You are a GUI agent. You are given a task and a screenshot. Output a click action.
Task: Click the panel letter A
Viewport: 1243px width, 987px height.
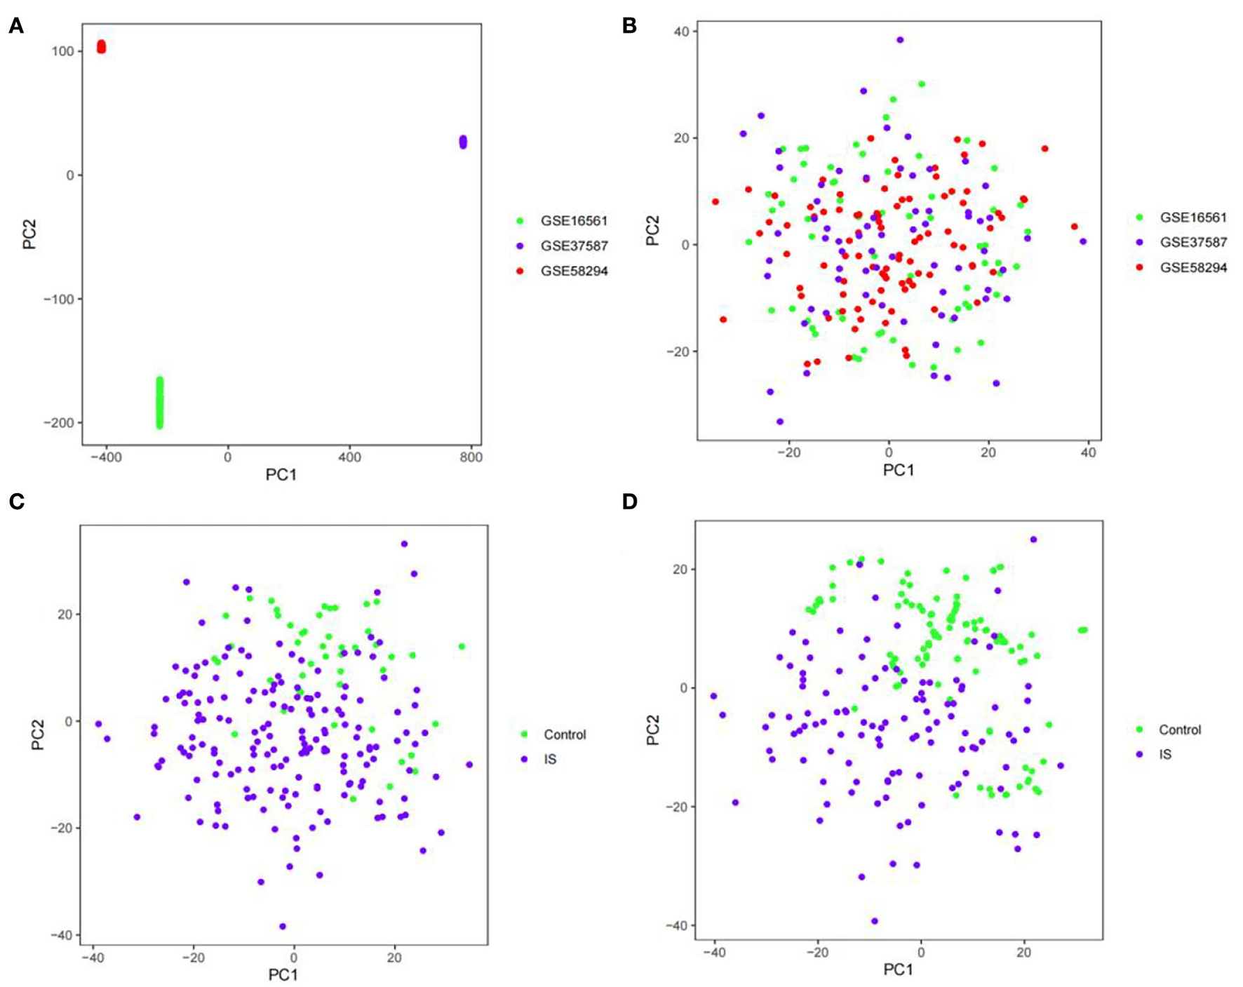[x=15, y=27]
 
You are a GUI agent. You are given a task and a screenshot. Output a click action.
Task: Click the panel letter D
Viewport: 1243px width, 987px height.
[x=629, y=502]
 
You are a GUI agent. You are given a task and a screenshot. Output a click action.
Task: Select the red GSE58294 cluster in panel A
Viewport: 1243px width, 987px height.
[x=101, y=47]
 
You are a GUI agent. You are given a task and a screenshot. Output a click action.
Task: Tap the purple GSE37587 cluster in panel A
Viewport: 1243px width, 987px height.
[x=463, y=142]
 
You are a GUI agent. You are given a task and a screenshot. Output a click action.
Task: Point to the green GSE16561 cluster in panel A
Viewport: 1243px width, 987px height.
[x=159, y=403]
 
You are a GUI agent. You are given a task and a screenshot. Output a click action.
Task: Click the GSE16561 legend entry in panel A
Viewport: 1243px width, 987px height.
[x=573, y=221]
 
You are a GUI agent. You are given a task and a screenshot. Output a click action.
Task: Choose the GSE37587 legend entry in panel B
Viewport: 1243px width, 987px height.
[x=1192, y=243]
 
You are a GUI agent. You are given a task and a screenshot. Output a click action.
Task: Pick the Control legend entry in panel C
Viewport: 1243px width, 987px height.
[x=564, y=734]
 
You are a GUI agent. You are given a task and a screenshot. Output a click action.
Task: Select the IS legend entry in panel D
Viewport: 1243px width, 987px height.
[x=1164, y=755]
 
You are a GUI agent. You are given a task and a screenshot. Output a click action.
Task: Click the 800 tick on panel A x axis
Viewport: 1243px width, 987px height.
[x=471, y=457]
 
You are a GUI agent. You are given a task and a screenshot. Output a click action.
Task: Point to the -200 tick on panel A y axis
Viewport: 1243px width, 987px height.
[x=61, y=422]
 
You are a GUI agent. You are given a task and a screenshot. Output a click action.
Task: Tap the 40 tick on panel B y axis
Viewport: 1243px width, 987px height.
[x=681, y=32]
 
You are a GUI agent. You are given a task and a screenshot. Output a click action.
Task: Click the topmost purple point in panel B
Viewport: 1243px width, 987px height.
[x=900, y=40]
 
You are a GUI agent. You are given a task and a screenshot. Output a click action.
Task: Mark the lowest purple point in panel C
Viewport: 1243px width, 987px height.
[x=283, y=926]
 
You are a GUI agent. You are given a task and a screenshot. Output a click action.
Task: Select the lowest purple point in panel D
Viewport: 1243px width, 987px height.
[x=874, y=921]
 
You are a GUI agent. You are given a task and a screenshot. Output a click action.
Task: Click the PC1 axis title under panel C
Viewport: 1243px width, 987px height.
[x=283, y=974]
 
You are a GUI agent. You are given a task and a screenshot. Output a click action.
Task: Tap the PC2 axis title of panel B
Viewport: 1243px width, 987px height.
[x=653, y=230]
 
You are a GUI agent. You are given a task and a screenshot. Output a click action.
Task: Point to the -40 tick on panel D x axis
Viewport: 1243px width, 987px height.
[x=714, y=953]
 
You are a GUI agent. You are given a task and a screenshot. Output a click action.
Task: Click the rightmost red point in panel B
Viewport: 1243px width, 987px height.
[x=1074, y=227]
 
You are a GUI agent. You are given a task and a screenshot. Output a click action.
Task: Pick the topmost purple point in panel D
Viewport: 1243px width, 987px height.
[x=1033, y=539]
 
